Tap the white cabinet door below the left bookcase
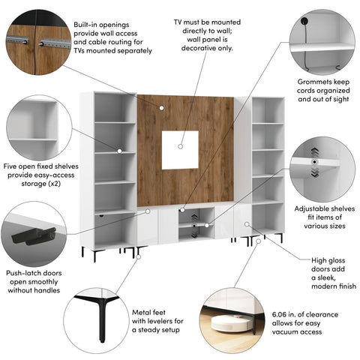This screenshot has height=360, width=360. coord(111,229)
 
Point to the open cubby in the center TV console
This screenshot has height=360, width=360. coord(192,218)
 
